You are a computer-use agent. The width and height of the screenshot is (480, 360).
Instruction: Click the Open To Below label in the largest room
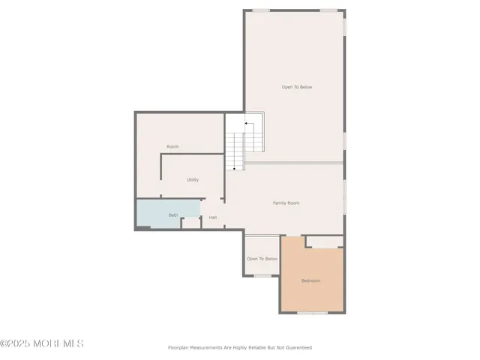(x=297, y=87)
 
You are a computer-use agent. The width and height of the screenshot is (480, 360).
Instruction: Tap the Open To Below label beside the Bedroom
(x=262, y=259)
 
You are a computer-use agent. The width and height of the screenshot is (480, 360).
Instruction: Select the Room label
(x=172, y=146)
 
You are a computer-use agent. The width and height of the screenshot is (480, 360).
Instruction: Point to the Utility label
(x=193, y=180)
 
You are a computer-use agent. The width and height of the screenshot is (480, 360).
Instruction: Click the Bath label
(x=173, y=215)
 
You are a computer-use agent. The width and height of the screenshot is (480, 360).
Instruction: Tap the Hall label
(x=213, y=217)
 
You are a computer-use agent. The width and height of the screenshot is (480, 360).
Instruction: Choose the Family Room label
(x=286, y=202)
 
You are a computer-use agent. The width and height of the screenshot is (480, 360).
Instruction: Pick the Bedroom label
(x=310, y=280)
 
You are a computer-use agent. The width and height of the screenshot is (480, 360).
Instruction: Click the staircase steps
(x=235, y=150)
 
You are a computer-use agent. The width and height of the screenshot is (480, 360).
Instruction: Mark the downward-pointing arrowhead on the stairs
(x=234, y=169)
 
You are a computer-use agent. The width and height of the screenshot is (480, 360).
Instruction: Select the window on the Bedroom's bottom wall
(x=312, y=313)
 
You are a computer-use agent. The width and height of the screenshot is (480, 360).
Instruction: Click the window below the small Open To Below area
(x=262, y=275)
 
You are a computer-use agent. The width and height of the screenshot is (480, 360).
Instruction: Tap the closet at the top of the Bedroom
(x=324, y=241)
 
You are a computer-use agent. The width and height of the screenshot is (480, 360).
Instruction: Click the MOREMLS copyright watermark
(x=42, y=343)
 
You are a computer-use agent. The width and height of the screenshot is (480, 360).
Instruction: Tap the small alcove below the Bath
(x=191, y=223)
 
